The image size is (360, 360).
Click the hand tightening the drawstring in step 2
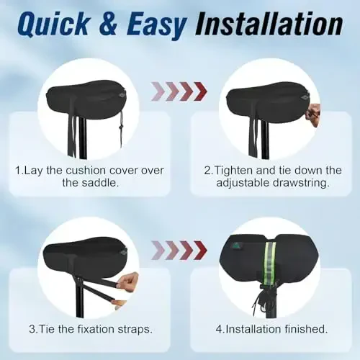pos(312,114)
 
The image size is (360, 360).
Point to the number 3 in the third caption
pos(32,329)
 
